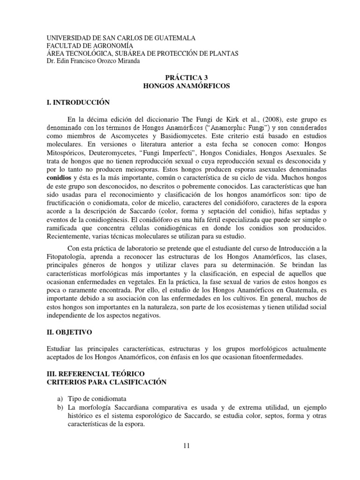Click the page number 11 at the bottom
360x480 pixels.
(187, 446)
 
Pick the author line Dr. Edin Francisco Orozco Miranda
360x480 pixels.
(94, 60)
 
